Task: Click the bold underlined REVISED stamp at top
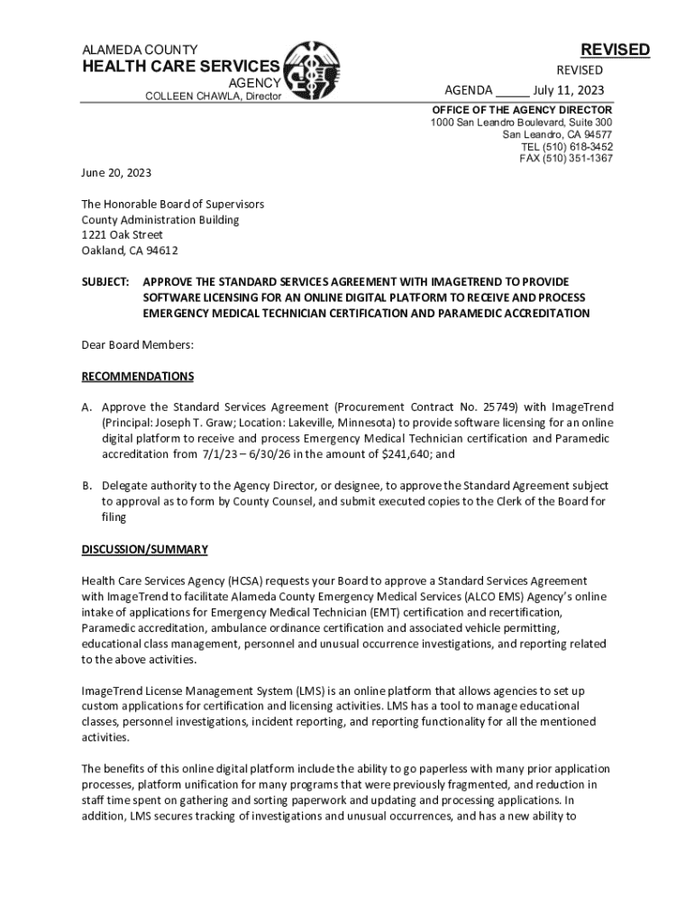pos(615,50)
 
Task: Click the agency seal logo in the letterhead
pos(313,72)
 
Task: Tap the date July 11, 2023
pos(568,90)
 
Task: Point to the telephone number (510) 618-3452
pos(580,146)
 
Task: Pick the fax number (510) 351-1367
pos(580,158)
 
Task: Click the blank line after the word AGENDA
pos(512,90)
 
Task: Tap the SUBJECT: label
pos(106,281)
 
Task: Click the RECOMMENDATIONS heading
pos(137,376)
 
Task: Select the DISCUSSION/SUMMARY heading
pos(144,549)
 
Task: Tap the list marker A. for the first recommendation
pos(87,407)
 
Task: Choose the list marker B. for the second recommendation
pos(87,485)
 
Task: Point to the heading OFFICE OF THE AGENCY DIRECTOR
pos(521,109)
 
